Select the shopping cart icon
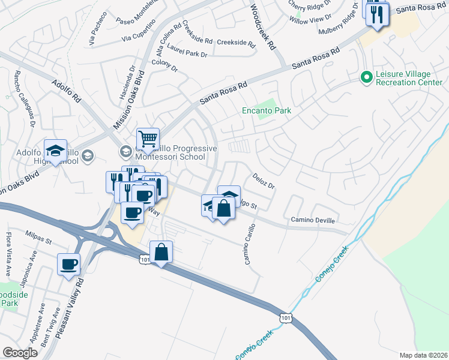(x=147, y=140)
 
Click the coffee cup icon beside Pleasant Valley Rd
(x=69, y=264)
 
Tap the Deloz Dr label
(x=263, y=182)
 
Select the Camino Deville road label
(x=312, y=220)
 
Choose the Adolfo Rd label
(x=66, y=92)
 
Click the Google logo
(x=20, y=353)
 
